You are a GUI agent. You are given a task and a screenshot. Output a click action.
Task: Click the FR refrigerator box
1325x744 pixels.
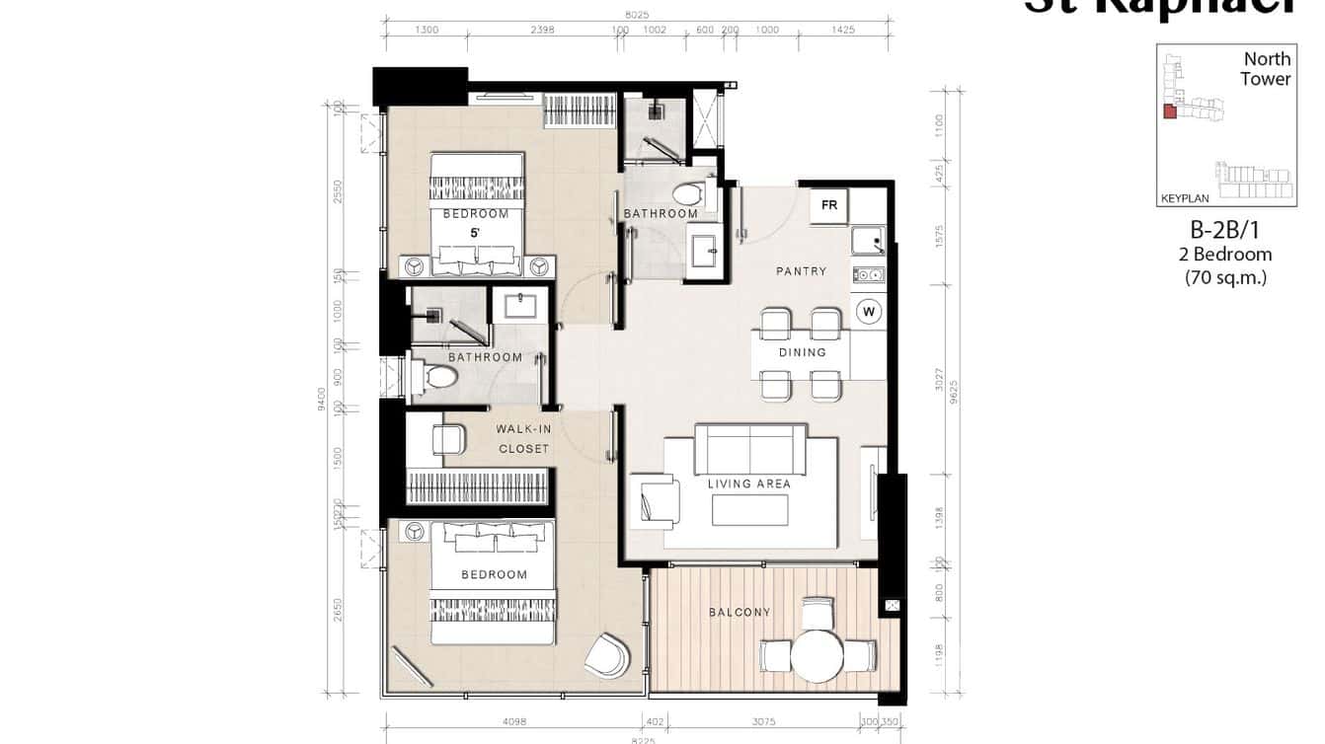tap(829, 205)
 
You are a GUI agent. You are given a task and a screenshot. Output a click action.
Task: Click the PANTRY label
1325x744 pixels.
tap(802, 271)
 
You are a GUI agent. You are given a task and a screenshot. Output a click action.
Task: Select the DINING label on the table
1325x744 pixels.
tap(802, 352)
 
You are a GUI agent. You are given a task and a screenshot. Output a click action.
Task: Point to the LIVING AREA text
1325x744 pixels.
tap(749, 484)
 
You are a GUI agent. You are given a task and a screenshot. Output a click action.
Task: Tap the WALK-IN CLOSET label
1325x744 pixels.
tap(522, 439)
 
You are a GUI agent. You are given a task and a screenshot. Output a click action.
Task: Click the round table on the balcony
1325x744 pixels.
tap(818, 655)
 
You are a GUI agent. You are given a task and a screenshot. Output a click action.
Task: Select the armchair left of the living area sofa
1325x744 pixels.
tap(655, 498)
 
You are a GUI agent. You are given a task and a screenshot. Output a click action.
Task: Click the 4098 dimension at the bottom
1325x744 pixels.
tap(514, 721)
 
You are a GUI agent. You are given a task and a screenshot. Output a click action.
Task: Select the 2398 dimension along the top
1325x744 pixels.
tap(542, 30)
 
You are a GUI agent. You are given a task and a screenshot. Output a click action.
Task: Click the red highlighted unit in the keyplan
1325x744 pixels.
tap(1170, 112)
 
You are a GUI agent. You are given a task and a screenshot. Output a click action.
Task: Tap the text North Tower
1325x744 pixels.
tap(1266, 69)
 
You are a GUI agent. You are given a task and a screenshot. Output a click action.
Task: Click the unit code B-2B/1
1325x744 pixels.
tap(1225, 231)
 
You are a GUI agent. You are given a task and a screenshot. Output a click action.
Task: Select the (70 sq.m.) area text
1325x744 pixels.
tap(1225, 277)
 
